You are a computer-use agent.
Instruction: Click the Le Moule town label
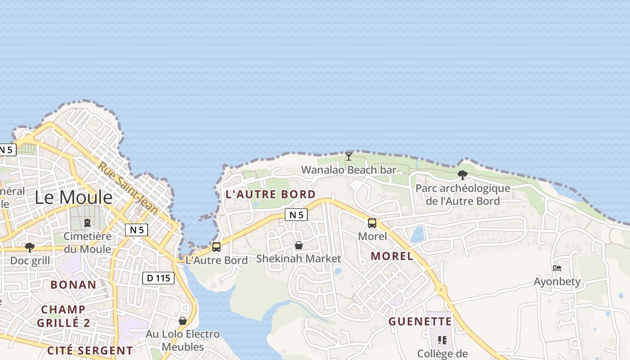click(x=73, y=198)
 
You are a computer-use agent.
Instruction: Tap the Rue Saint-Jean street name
click(x=128, y=188)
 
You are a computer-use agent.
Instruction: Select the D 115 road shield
click(x=159, y=278)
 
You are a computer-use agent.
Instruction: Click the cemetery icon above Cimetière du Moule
click(x=87, y=223)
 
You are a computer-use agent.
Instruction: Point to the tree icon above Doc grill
click(x=30, y=247)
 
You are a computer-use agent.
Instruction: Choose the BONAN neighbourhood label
click(x=73, y=284)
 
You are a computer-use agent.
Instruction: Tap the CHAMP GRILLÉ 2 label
click(x=63, y=316)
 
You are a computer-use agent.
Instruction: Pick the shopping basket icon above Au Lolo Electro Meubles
click(x=183, y=321)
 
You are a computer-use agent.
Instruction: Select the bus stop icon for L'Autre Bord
click(x=216, y=247)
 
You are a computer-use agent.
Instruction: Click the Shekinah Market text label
click(x=298, y=259)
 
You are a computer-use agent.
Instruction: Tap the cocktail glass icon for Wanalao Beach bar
click(x=349, y=157)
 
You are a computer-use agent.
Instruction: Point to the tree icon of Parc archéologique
click(x=462, y=175)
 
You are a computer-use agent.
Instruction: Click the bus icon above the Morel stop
click(x=372, y=223)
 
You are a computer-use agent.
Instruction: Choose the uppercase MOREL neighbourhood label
click(x=392, y=256)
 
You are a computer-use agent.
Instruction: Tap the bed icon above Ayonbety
click(x=557, y=268)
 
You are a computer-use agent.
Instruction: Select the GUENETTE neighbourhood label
click(x=420, y=321)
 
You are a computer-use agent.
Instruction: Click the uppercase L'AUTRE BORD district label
click(x=270, y=194)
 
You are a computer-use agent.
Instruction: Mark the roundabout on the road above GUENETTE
click(x=441, y=290)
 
